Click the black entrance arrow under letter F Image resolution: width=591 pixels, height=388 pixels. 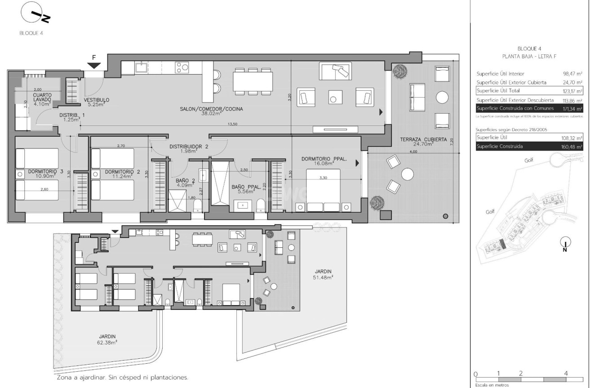(x=93, y=66)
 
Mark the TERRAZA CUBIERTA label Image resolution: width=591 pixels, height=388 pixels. (x=423, y=140)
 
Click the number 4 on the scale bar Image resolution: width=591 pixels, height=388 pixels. (x=565, y=373)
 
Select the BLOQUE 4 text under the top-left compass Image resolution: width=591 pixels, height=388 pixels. (x=31, y=33)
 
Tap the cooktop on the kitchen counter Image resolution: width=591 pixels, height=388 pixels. (x=182, y=68)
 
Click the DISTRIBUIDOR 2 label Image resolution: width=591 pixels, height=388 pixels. (x=189, y=147)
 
